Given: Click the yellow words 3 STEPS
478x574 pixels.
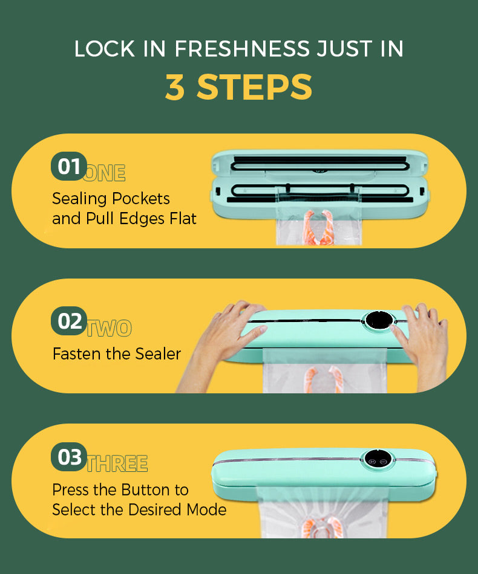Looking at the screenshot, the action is (238, 87).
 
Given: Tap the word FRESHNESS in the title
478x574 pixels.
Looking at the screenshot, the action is (242, 49).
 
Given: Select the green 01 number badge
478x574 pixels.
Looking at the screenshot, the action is (69, 166).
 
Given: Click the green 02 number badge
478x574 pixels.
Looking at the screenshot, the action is (69, 321).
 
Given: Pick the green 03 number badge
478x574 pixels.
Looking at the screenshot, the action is (69, 457).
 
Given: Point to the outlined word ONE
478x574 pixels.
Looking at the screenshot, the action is (105, 173).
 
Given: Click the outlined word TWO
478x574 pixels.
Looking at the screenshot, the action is (110, 328).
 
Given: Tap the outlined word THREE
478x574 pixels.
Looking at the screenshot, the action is (117, 464).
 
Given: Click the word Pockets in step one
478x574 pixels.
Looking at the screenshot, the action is (141, 199).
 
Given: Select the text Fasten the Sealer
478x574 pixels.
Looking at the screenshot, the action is (117, 354).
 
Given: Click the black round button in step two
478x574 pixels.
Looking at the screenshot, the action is (379, 321).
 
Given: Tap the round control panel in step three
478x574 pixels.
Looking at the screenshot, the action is (377, 459).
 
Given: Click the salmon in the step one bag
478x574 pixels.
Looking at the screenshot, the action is (318, 228).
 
